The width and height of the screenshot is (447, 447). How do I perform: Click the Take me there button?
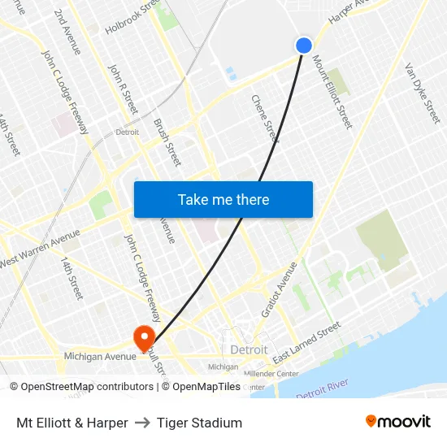[x=223, y=199]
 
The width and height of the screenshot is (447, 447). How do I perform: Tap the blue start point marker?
[x=304, y=46]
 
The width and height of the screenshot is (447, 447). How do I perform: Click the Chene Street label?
[x=265, y=119]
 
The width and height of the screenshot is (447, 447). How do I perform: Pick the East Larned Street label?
[x=307, y=343]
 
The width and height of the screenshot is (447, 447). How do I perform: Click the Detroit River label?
[x=322, y=388]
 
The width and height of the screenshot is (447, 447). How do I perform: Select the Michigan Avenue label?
[x=100, y=357]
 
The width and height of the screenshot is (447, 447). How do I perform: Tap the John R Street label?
[x=124, y=89]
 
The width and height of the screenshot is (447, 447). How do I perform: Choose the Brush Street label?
[x=167, y=143]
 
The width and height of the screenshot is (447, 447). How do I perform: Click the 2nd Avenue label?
[x=67, y=33]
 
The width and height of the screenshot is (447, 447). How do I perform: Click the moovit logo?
[x=397, y=421]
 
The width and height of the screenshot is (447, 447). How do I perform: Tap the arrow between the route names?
[x=142, y=423]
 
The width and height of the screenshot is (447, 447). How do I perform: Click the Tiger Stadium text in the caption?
[x=199, y=423]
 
